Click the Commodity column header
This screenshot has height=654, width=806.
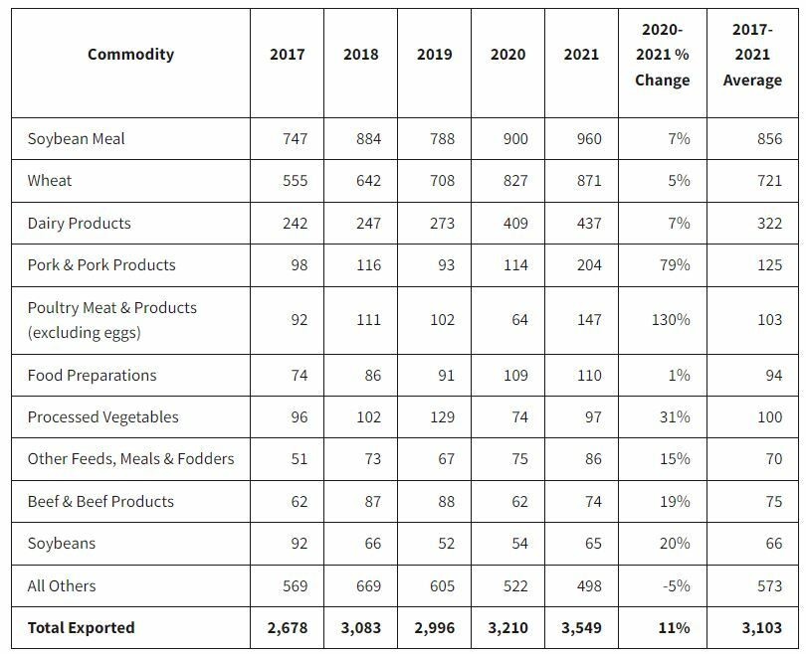coord(130,55)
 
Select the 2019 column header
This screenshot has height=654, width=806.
coord(435,55)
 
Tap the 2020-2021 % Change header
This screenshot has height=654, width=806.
coord(662,55)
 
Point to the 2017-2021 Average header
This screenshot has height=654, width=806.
coord(751,55)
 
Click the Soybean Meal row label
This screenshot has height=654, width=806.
coord(77,139)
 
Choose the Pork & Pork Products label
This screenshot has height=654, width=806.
coord(101,265)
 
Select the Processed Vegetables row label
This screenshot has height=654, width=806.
coord(103,417)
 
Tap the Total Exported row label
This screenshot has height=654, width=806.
coord(81,628)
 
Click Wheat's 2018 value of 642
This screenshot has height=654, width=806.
coord(368,181)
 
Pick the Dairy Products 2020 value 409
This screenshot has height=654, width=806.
coord(515,224)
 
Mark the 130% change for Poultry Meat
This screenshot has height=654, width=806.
coord(671,320)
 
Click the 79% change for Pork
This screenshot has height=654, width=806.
coord(675,265)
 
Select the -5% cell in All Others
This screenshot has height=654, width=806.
coord(676,586)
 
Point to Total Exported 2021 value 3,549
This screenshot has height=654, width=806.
coord(582,628)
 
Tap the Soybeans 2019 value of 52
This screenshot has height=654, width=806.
coord(444,544)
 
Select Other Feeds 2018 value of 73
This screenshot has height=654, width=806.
coord(370,459)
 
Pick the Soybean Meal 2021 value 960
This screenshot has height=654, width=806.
coord(589,139)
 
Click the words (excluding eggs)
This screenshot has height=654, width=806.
coord(84,333)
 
